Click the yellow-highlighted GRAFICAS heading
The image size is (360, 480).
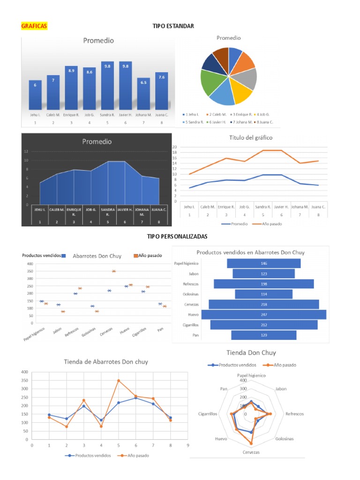[x=34, y=26]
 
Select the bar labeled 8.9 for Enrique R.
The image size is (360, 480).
[x=71, y=89]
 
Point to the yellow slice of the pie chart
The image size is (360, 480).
[x=242, y=93]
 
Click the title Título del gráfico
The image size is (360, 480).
[x=250, y=138]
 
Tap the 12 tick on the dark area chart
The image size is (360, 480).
[x=26, y=151]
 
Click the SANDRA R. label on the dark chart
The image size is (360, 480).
[x=108, y=212]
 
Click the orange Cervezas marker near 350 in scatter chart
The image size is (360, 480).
[x=114, y=271]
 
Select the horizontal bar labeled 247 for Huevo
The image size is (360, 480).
[x=263, y=315]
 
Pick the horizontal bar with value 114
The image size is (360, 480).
[x=263, y=294]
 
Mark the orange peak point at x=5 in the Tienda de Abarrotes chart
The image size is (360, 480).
[x=118, y=381]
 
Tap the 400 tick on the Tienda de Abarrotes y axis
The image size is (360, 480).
[x=24, y=372]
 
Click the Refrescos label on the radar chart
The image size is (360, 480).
[x=294, y=414]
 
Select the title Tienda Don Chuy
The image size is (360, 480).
[x=251, y=352]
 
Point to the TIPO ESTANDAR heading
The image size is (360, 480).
[x=173, y=26]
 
